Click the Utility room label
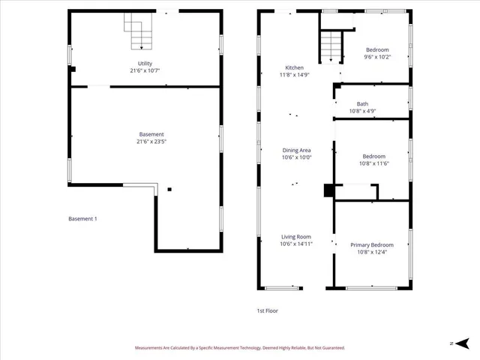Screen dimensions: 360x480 145,64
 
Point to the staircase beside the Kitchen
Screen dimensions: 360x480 331,46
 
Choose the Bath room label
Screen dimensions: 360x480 362,104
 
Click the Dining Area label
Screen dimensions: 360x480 296,150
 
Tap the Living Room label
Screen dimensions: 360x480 296,236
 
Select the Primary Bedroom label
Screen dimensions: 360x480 371,244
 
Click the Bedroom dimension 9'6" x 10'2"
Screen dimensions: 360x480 376,57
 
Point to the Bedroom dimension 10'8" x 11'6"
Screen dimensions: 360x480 373,163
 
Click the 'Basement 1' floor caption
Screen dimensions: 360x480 83,219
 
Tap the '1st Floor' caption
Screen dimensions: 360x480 268,310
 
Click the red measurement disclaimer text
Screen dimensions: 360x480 240,348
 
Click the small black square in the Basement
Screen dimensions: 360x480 169,189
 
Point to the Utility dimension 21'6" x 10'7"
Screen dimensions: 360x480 145,70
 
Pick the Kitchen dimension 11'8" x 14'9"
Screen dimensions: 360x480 294,75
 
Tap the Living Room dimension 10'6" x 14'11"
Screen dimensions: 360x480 296,244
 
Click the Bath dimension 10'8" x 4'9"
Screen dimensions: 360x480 362,111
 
